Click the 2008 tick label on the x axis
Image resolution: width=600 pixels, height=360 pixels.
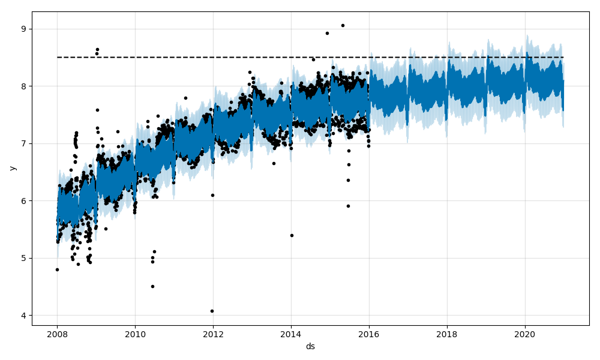(58, 335)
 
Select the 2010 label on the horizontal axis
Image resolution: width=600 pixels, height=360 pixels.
(135, 335)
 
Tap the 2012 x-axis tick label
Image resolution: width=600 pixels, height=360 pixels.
(213, 335)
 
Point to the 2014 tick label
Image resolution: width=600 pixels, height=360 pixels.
(291, 335)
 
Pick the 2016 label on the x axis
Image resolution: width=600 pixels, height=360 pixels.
(369, 335)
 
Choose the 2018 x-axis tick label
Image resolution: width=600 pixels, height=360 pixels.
(447, 335)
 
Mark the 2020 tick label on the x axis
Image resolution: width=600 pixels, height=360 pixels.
(525, 335)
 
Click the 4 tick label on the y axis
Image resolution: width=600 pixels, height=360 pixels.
(25, 316)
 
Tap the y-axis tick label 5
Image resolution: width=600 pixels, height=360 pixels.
(25, 258)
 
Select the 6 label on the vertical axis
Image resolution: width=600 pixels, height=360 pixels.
(25, 201)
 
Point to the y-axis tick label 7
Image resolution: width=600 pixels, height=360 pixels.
(25, 143)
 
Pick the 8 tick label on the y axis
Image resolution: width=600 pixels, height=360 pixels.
(25, 86)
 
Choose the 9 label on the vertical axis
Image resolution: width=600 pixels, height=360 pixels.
(25, 29)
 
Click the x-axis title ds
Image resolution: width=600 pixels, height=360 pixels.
(310, 346)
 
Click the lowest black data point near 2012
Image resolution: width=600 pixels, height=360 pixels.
(212, 311)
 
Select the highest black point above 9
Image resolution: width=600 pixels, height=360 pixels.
(343, 25)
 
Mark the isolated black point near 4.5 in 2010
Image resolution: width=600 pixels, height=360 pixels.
(152, 286)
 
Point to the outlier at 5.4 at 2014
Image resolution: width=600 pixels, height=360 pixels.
(292, 235)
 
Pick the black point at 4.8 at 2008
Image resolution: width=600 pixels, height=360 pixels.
(57, 269)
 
